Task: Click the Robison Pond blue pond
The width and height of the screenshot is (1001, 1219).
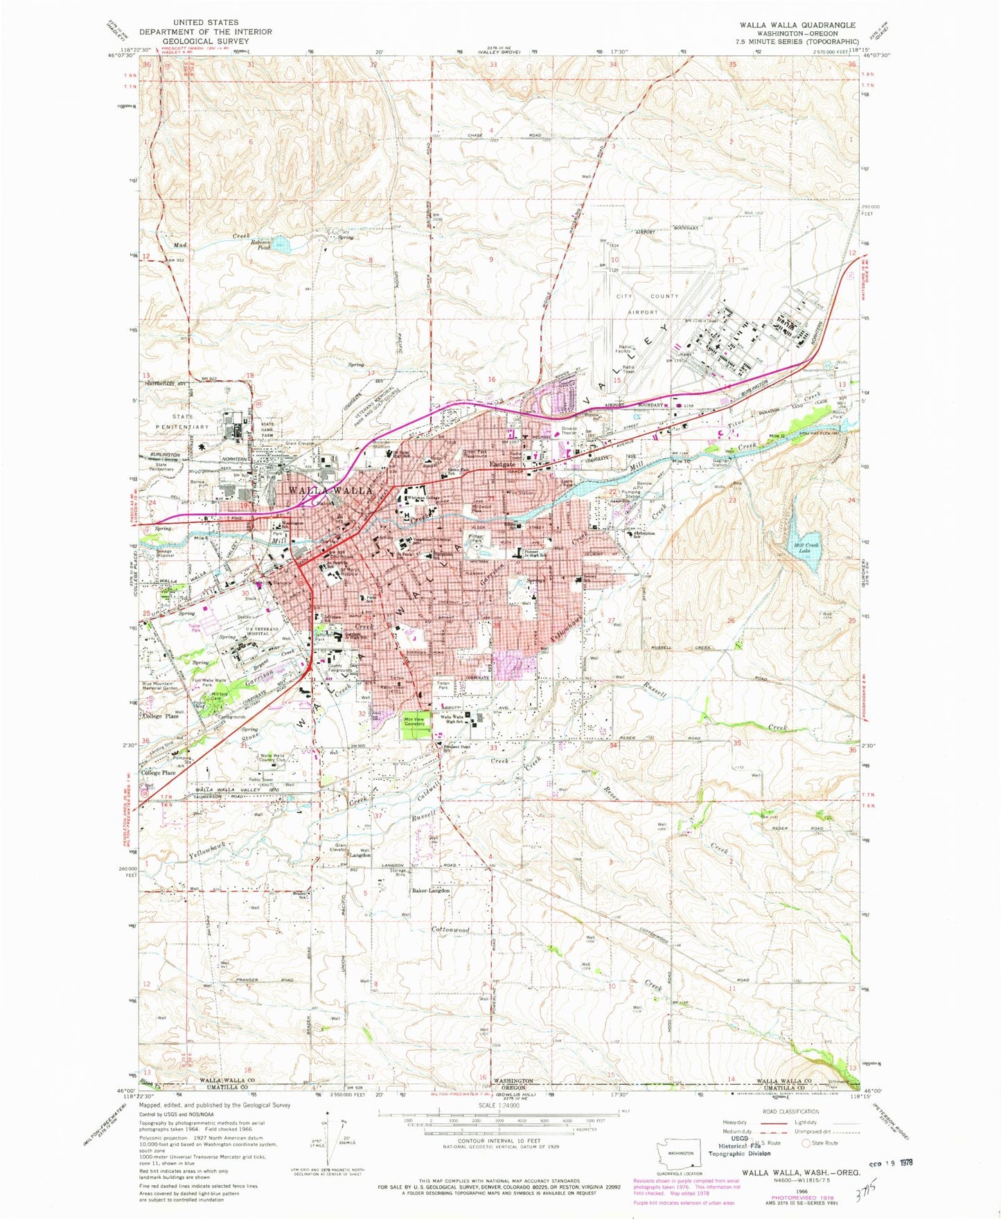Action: coord(281,243)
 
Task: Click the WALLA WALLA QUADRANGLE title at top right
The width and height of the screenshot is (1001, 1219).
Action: coord(797,25)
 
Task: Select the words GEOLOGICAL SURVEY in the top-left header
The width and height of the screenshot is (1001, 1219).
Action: coord(205,41)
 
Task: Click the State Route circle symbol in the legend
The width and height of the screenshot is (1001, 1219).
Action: coord(806,1142)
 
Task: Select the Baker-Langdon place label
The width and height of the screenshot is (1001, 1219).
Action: coord(431,891)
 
